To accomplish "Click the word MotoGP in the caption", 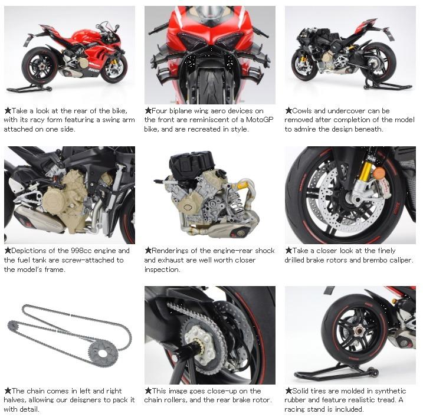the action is [260, 120].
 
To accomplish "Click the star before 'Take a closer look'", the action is [288, 251].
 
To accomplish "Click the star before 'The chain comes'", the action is [8, 390].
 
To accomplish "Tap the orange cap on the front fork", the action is [379, 172].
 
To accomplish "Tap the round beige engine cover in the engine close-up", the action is [54, 202].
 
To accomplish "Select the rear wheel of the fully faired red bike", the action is [40, 66].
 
